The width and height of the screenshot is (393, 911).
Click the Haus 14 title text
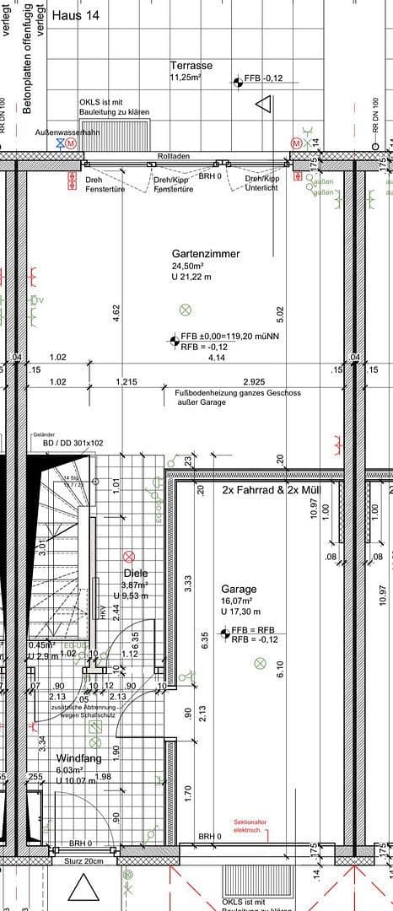pos(75,15)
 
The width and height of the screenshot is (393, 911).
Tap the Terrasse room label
pos(191,66)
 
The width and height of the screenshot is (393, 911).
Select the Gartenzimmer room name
pos(206,253)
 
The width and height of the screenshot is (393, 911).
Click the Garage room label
pos(239,589)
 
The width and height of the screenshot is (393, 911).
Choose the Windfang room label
pos(78,758)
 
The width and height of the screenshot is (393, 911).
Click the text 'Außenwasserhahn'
pos(67,133)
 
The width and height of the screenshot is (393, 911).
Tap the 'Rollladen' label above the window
pos(174,157)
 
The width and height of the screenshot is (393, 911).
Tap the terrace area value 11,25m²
pos(186,78)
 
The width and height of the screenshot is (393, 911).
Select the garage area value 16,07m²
pos(238,601)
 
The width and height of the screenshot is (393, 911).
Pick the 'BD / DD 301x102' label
pos(73,442)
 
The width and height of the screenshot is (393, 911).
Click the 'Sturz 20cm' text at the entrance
pos(83,861)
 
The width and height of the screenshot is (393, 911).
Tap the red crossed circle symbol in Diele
pos(129,556)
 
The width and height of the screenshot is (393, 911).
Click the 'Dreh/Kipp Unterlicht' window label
pos(261,184)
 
